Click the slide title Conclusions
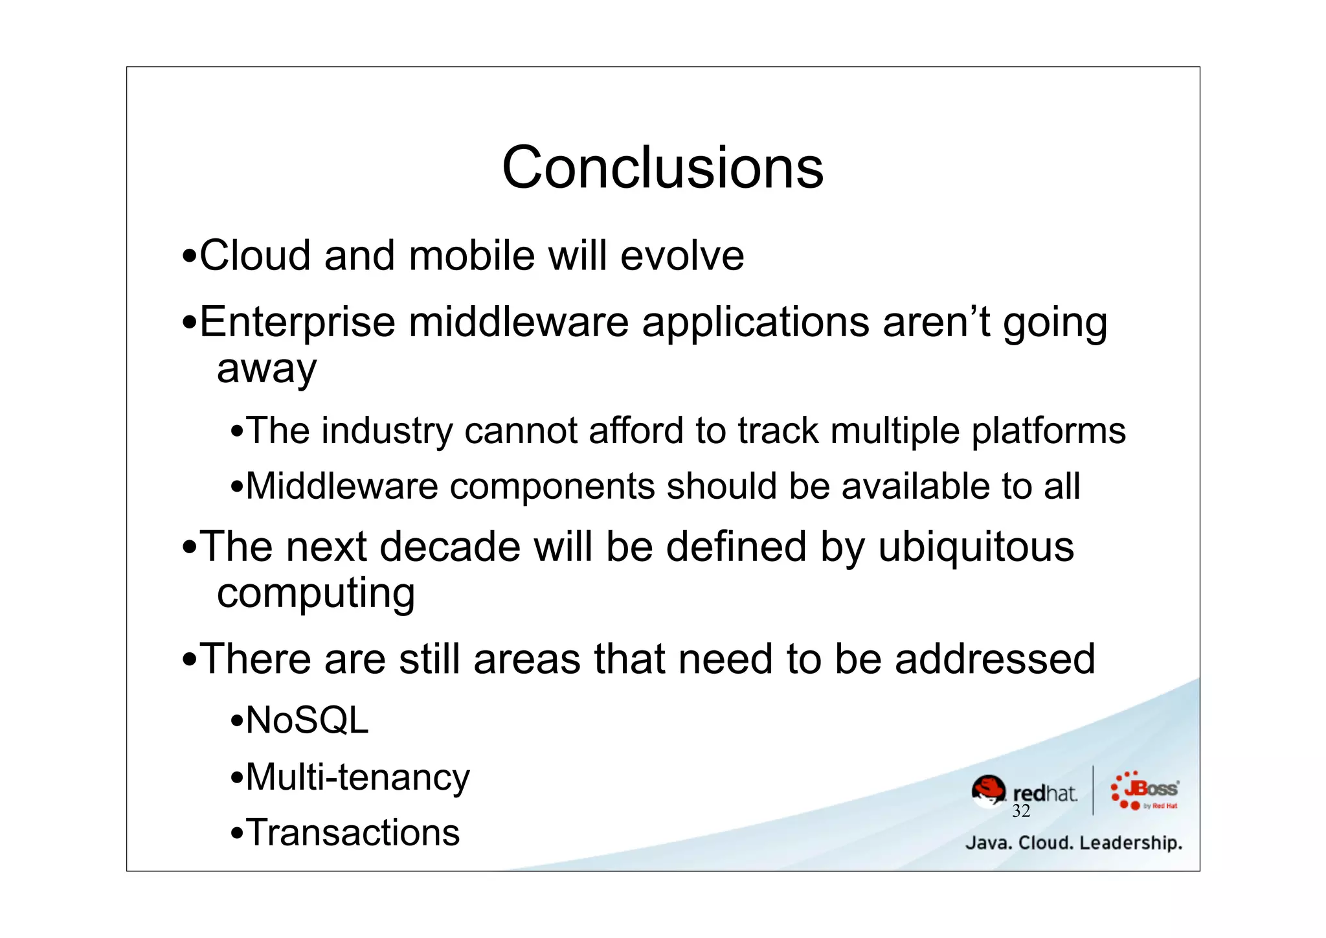(662, 167)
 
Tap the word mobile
(471, 255)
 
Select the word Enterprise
(297, 323)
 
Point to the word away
(267, 370)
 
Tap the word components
(552, 486)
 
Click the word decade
(450, 547)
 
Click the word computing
(316, 594)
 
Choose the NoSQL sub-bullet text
(307, 720)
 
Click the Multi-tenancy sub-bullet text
(357, 777)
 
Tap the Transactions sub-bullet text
(353, 833)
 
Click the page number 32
(1021, 811)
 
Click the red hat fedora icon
(988, 790)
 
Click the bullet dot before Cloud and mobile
(189, 257)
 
